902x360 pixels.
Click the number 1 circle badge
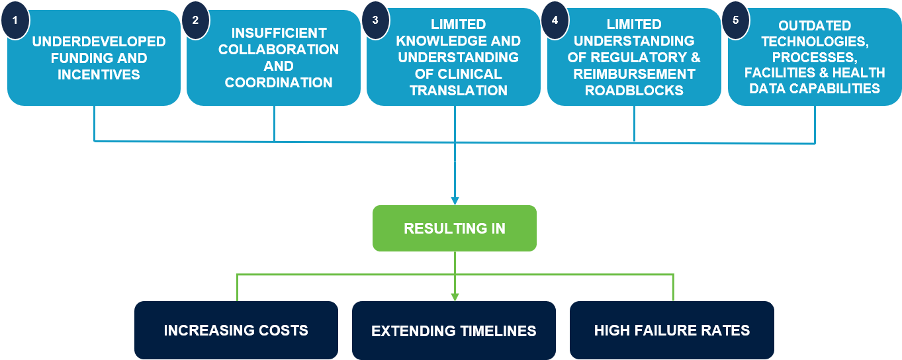[x=15, y=20]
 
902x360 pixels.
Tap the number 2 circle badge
[x=196, y=20]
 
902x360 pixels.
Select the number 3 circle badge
[x=375, y=20]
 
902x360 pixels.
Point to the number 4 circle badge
[x=555, y=20]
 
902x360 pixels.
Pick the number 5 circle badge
[x=736, y=20]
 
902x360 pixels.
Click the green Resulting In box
[x=455, y=228]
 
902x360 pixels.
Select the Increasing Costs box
[x=236, y=330]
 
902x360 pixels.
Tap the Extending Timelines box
[x=454, y=330]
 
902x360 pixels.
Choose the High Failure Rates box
[x=672, y=330]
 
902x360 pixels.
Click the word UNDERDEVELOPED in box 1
[x=99, y=42]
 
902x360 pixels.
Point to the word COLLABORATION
[x=279, y=50]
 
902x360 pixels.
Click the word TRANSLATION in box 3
[x=459, y=91]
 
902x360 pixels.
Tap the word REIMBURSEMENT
[x=634, y=74]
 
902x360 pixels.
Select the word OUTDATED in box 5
[x=815, y=26]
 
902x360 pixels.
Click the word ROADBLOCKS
[x=634, y=91]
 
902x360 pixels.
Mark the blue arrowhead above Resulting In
[x=455, y=201]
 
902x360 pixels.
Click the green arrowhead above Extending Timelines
[x=455, y=297]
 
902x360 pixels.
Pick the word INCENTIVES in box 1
[x=99, y=75]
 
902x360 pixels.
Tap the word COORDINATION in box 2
[x=279, y=83]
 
